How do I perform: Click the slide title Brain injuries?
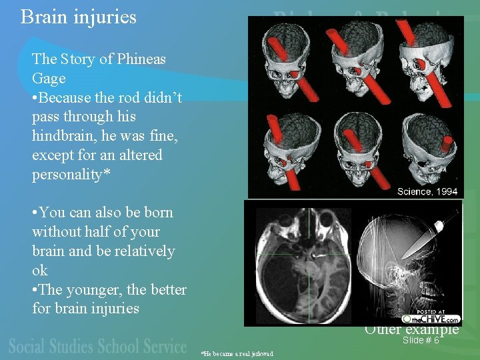click(78, 17)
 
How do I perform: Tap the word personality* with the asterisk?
click(72, 175)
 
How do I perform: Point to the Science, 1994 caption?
click(427, 191)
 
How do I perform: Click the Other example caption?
click(411, 329)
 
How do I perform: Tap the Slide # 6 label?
click(421, 340)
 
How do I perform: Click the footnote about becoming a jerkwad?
click(238, 353)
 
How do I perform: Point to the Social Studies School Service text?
click(98, 347)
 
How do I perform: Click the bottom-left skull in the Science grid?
click(288, 150)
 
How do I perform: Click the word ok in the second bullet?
click(40, 271)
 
